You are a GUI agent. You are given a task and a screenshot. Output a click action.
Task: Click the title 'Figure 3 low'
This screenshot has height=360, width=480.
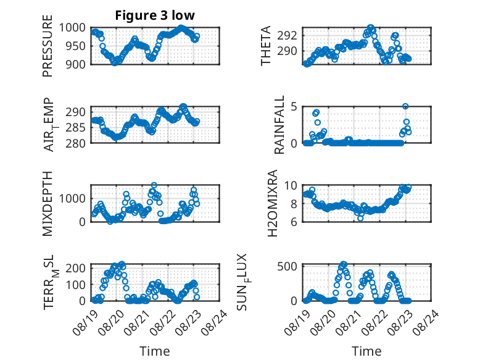point(155,15)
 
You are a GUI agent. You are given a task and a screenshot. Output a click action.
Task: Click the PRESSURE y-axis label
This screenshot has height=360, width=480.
point(48,46)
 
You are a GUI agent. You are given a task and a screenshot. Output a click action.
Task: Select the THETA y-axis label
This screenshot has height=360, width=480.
point(266,46)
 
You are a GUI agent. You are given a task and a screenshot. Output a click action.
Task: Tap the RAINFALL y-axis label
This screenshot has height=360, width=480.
point(279,125)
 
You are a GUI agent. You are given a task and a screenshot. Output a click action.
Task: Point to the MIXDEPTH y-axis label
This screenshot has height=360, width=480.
point(48,204)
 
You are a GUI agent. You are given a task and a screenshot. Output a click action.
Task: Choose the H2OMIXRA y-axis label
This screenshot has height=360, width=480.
point(273,203)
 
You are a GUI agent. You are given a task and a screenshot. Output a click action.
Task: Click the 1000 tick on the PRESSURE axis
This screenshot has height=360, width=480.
point(72,28)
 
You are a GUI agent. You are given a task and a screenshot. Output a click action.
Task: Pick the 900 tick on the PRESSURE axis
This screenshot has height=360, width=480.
point(76,64)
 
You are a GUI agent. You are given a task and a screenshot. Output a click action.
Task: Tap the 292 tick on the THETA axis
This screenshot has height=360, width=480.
point(287,36)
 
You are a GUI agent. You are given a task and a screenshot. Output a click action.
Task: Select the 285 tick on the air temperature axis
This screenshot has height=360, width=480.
point(76,127)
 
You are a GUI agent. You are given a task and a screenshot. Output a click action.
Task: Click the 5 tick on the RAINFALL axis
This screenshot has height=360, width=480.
point(294,107)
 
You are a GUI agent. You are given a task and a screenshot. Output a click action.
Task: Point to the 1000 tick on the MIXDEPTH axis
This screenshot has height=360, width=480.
point(72,199)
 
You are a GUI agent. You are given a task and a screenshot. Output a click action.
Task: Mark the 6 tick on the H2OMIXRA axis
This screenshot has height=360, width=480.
point(294,222)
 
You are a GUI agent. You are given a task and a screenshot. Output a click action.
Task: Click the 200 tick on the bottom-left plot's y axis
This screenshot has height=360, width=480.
point(76,268)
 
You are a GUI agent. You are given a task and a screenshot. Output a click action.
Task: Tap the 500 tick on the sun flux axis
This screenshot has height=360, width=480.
point(287,267)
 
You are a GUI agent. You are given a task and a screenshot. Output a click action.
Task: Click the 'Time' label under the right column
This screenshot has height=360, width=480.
point(366,351)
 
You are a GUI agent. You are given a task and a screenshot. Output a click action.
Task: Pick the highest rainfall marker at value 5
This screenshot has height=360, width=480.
point(405,106)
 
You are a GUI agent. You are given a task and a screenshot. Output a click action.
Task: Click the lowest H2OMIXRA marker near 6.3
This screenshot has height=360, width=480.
point(360,218)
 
